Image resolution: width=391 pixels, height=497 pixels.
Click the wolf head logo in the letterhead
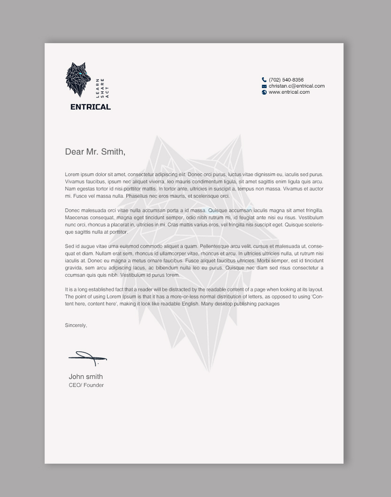[x=78, y=80]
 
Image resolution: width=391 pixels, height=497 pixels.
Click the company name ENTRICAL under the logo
[x=91, y=107]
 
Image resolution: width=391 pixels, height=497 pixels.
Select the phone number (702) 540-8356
[x=286, y=80]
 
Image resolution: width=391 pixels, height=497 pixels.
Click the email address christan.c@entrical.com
[x=296, y=86]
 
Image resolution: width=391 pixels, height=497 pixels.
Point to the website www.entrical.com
[x=289, y=92]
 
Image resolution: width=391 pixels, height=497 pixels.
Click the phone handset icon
[x=264, y=80]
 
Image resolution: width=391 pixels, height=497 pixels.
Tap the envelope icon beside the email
[x=264, y=86]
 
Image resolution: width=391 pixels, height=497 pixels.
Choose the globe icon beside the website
[x=264, y=92]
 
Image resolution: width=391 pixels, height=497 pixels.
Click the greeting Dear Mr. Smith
[x=95, y=152]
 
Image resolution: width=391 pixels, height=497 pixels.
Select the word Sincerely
[x=76, y=325]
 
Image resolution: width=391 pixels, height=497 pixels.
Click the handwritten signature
[x=88, y=358]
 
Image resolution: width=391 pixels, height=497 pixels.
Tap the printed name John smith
[x=86, y=377]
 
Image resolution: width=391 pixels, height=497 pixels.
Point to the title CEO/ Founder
[x=86, y=385]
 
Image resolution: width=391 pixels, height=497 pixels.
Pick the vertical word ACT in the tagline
[x=107, y=92]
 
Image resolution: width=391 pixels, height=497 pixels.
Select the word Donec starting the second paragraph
[x=72, y=211]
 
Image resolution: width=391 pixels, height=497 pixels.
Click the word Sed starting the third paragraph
[x=69, y=246]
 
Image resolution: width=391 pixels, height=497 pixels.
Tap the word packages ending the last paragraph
[x=269, y=304]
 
